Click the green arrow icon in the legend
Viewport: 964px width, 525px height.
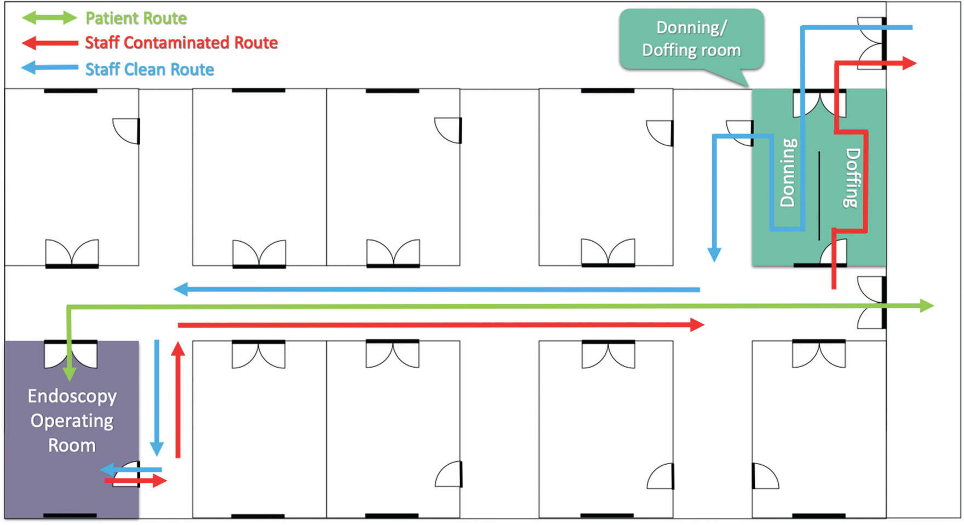[x=49, y=18]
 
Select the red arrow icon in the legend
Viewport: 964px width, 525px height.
[x=49, y=43]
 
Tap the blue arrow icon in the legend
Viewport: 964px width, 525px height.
[x=49, y=68]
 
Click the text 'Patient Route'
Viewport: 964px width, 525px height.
[x=136, y=18]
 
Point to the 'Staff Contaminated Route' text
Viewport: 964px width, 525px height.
[x=181, y=43]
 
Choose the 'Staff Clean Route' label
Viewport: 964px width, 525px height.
[x=150, y=69]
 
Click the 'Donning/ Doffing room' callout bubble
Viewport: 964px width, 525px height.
[x=691, y=39]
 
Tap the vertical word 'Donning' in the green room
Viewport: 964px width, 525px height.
[x=788, y=172]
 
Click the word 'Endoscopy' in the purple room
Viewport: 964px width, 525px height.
[x=72, y=396]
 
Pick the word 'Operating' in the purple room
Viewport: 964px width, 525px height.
[x=72, y=420]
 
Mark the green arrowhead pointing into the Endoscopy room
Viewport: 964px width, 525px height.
[x=69, y=374]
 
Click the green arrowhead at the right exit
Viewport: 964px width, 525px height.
[x=927, y=305]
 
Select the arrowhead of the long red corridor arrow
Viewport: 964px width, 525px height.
[x=697, y=325]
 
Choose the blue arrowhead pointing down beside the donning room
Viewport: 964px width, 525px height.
[x=714, y=254]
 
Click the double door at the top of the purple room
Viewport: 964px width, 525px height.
[x=71, y=353]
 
